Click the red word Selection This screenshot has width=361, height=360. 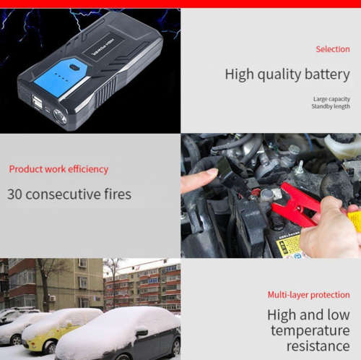[x=332, y=49]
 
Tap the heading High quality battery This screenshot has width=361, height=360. [x=287, y=74]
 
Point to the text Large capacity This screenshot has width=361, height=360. [x=331, y=98]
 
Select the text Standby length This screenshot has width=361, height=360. [x=331, y=106]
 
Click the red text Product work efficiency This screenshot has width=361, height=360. [x=58, y=169]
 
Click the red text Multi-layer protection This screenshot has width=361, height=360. [x=308, y=294]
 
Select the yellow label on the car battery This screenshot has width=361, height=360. [x=288, y=245]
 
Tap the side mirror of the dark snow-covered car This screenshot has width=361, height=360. [x=142, y=333]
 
